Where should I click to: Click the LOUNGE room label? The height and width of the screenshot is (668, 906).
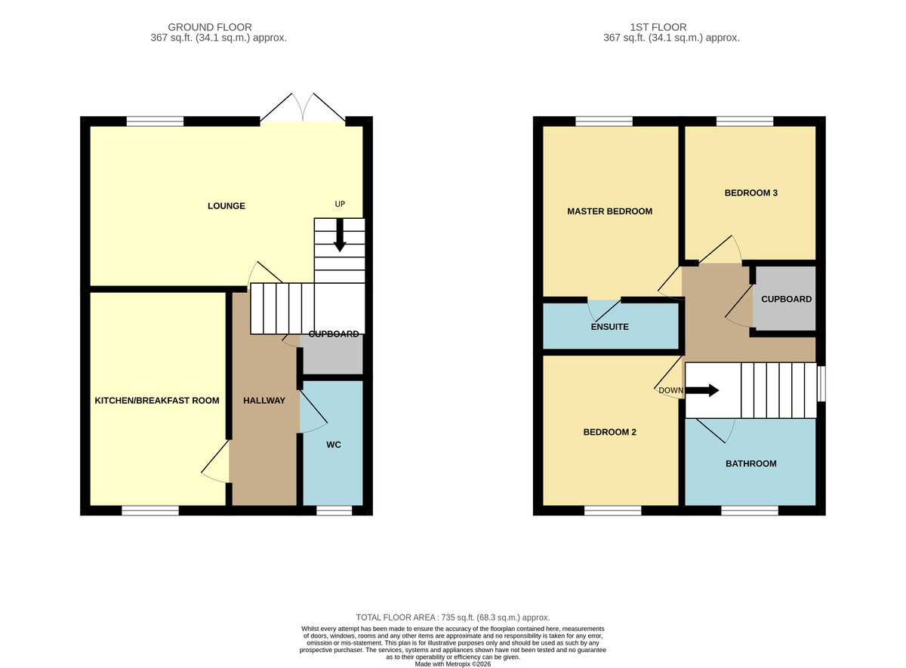click(226, 206)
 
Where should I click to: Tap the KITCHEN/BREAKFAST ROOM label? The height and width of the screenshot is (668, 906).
click(157, 400)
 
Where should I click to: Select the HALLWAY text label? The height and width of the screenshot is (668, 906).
click(264, 400)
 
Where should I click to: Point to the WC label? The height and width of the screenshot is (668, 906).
click(334, 445)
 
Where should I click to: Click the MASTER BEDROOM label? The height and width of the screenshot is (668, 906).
click(609, 211)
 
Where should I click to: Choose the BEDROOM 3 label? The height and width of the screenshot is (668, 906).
click(750, 193)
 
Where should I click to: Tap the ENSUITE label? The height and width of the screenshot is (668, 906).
click(609, 327)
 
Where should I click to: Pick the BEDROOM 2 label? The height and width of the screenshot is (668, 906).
click(609, 432)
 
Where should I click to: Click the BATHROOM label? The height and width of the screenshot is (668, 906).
click(750, 463)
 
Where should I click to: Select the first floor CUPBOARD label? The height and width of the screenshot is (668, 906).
click(786, 299)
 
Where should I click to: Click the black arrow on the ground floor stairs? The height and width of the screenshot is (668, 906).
click(340, 235)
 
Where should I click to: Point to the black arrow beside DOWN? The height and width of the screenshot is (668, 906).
click(702, 391)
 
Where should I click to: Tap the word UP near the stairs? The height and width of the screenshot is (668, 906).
click(340, 204)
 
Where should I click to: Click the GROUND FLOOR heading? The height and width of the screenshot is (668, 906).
click(210, 27)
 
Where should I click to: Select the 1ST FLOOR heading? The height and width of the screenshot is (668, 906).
click(658, 27)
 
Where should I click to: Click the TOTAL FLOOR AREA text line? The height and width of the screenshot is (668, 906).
click(452, 617)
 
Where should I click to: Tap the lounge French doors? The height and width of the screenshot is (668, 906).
click(303, 107)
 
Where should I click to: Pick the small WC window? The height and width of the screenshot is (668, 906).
click(334, 510)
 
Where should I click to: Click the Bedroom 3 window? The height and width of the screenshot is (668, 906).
click(745, 122)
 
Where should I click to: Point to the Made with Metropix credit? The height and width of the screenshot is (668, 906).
click(452, 664)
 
